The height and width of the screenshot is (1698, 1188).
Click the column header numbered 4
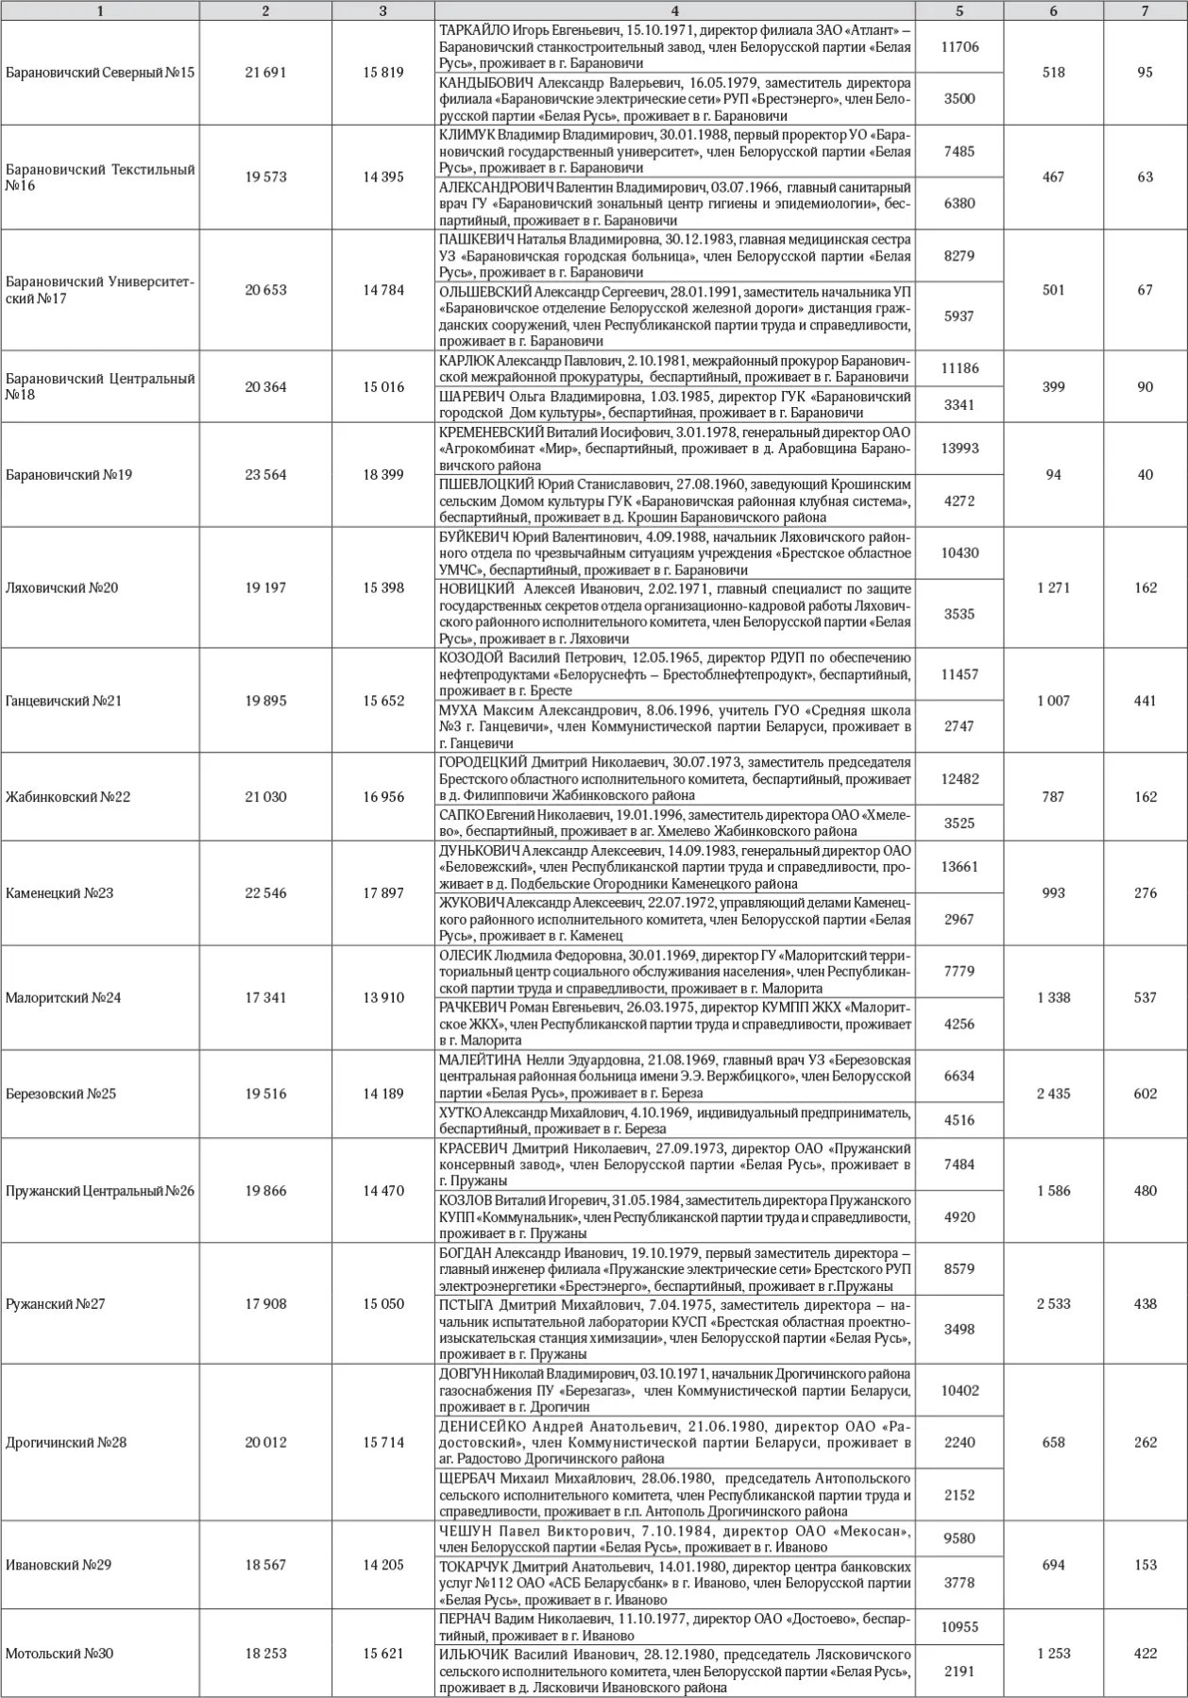tap(675, 11)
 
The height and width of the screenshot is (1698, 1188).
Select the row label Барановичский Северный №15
tap(100, 73)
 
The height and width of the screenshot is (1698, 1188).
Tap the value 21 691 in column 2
tap(265, 73)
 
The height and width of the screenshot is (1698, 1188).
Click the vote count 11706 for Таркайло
tap(959, 47)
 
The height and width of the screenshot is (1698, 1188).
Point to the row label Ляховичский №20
tap(62, 587)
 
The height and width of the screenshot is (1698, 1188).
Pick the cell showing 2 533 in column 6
tap(1053, 1304)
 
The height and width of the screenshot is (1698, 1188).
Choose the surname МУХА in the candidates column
tap(461, 710)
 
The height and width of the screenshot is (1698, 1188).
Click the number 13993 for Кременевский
tap(959, 449)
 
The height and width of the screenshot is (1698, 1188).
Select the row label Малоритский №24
tap(63, 997)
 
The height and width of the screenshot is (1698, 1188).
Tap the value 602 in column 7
tap(1145, 1094)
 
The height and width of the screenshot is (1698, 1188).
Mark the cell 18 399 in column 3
tap(383, 475)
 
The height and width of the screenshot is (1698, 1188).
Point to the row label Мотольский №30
tap(59, 1654)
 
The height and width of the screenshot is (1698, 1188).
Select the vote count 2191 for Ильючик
tap(959, 1671)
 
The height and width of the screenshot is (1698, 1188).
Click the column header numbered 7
tap(1145, 11)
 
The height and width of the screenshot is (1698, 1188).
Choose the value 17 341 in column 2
tap(265, 997)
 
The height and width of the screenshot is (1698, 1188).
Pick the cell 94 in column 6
tap(1053, 475)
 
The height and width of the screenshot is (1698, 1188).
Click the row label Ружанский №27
tap(56, 1304)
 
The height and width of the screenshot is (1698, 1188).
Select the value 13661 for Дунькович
tap(959, 867)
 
